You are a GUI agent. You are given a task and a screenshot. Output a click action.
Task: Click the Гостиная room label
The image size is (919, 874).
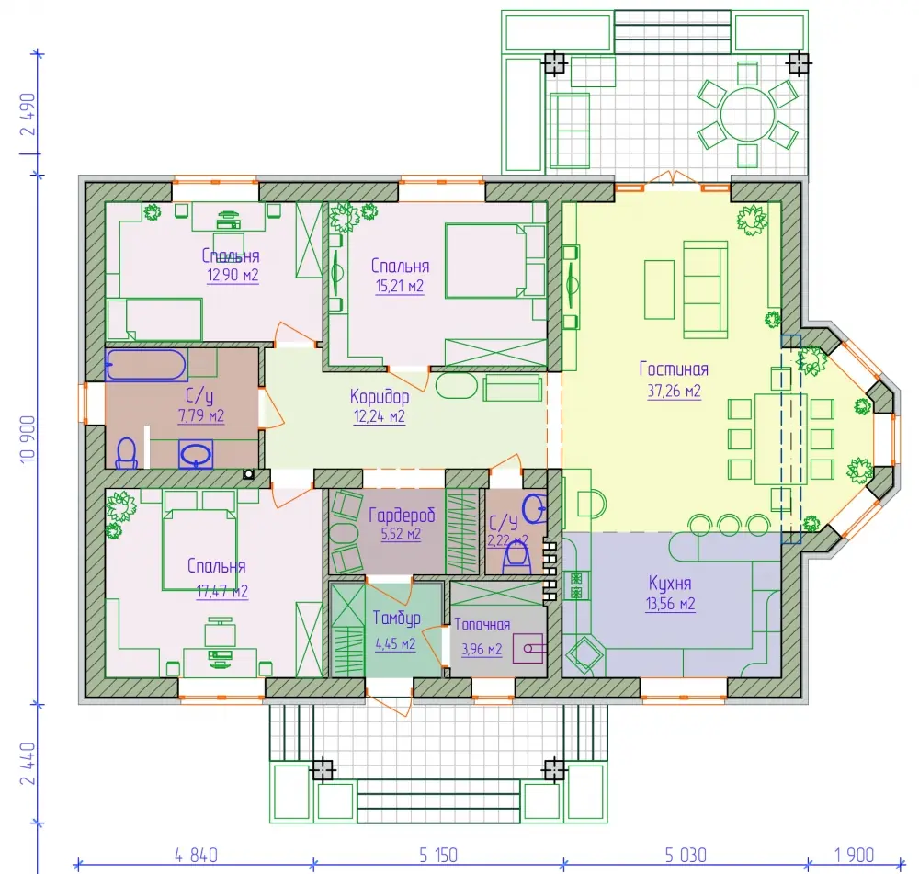pyautogui.click(x=674, y=369)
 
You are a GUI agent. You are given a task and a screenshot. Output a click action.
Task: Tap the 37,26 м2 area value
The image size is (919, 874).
pyautogui.click(x=674, y=391)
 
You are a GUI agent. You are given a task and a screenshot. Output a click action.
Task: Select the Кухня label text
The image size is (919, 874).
pyautogui.click(x=670, y=584)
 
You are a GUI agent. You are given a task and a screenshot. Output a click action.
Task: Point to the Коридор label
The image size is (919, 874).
pyautogui.click(x=380, y=397)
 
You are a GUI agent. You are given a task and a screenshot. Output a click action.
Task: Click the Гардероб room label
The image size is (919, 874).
pyautogui.click(x=402, y=516)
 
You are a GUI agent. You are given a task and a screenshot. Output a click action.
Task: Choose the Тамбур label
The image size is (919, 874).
pyautogui.click(x=396, y=619)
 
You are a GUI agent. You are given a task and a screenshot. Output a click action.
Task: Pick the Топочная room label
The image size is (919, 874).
pyautogui.click(x=482, y=625)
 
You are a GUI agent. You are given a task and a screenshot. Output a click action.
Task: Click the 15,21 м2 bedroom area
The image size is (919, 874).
pyautogui.click(x=399, y=286)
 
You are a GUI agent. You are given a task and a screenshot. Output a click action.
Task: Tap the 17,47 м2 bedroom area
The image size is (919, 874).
pyautogui.click(x=221, y=591)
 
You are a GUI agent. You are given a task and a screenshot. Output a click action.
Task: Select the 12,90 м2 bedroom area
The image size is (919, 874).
pyautogui.click(x=233, y=275)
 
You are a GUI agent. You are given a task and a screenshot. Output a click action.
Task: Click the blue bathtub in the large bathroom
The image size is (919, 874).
pyautogui.click(x=146, y=365)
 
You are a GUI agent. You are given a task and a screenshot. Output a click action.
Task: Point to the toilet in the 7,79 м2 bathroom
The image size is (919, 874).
pyautogui.click(x=127, y=454)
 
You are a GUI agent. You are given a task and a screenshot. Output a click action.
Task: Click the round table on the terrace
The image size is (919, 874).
pyautogui.click(x=747, y=114)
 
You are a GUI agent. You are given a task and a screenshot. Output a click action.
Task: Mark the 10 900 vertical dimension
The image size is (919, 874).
pyautogui.click(x=28, y=439)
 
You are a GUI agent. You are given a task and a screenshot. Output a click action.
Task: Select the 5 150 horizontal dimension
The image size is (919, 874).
pyautogui.click(x=437, y=856)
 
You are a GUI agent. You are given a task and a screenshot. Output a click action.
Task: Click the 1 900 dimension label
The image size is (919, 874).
pyautogui.click(x=854, y=856)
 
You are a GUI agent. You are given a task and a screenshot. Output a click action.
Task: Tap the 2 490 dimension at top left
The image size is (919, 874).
pyautogui.click(x=28, y=114)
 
